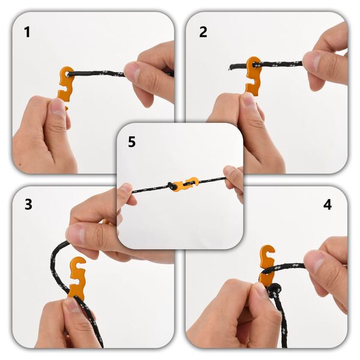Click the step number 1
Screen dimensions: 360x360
tap(27, 32)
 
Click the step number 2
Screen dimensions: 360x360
tap(203, 32)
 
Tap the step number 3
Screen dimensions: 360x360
tap(28, 204)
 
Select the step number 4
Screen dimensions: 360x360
tap(327, 205)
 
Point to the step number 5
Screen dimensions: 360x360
tap(132, 142)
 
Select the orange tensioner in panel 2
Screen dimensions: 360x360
tap(254, 76)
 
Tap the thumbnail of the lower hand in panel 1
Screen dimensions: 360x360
tap(57, 107)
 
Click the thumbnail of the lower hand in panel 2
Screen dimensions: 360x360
tap(247, 99)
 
